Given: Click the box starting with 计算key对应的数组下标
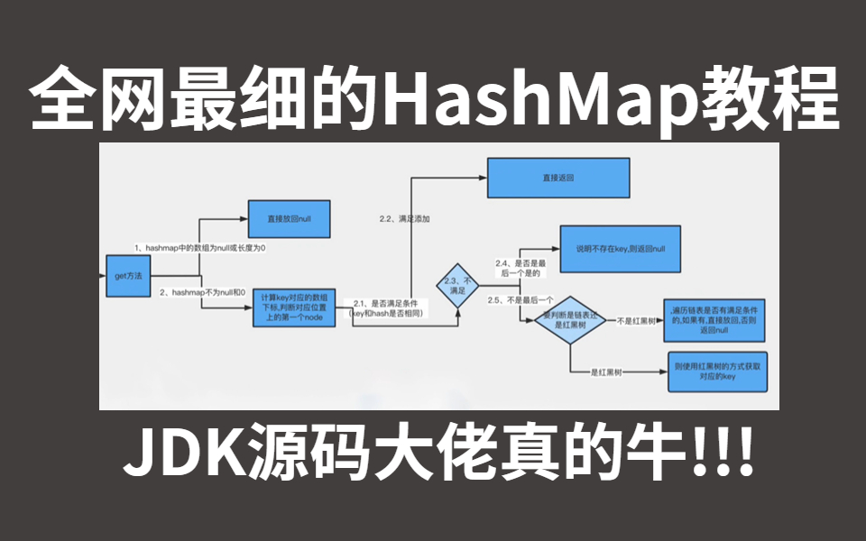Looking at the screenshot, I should click(294, 307).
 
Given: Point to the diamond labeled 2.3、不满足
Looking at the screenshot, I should click(456, 286).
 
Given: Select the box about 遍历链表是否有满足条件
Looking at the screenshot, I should click(714, 319).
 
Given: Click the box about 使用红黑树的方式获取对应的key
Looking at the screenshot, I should click(718, 372).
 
